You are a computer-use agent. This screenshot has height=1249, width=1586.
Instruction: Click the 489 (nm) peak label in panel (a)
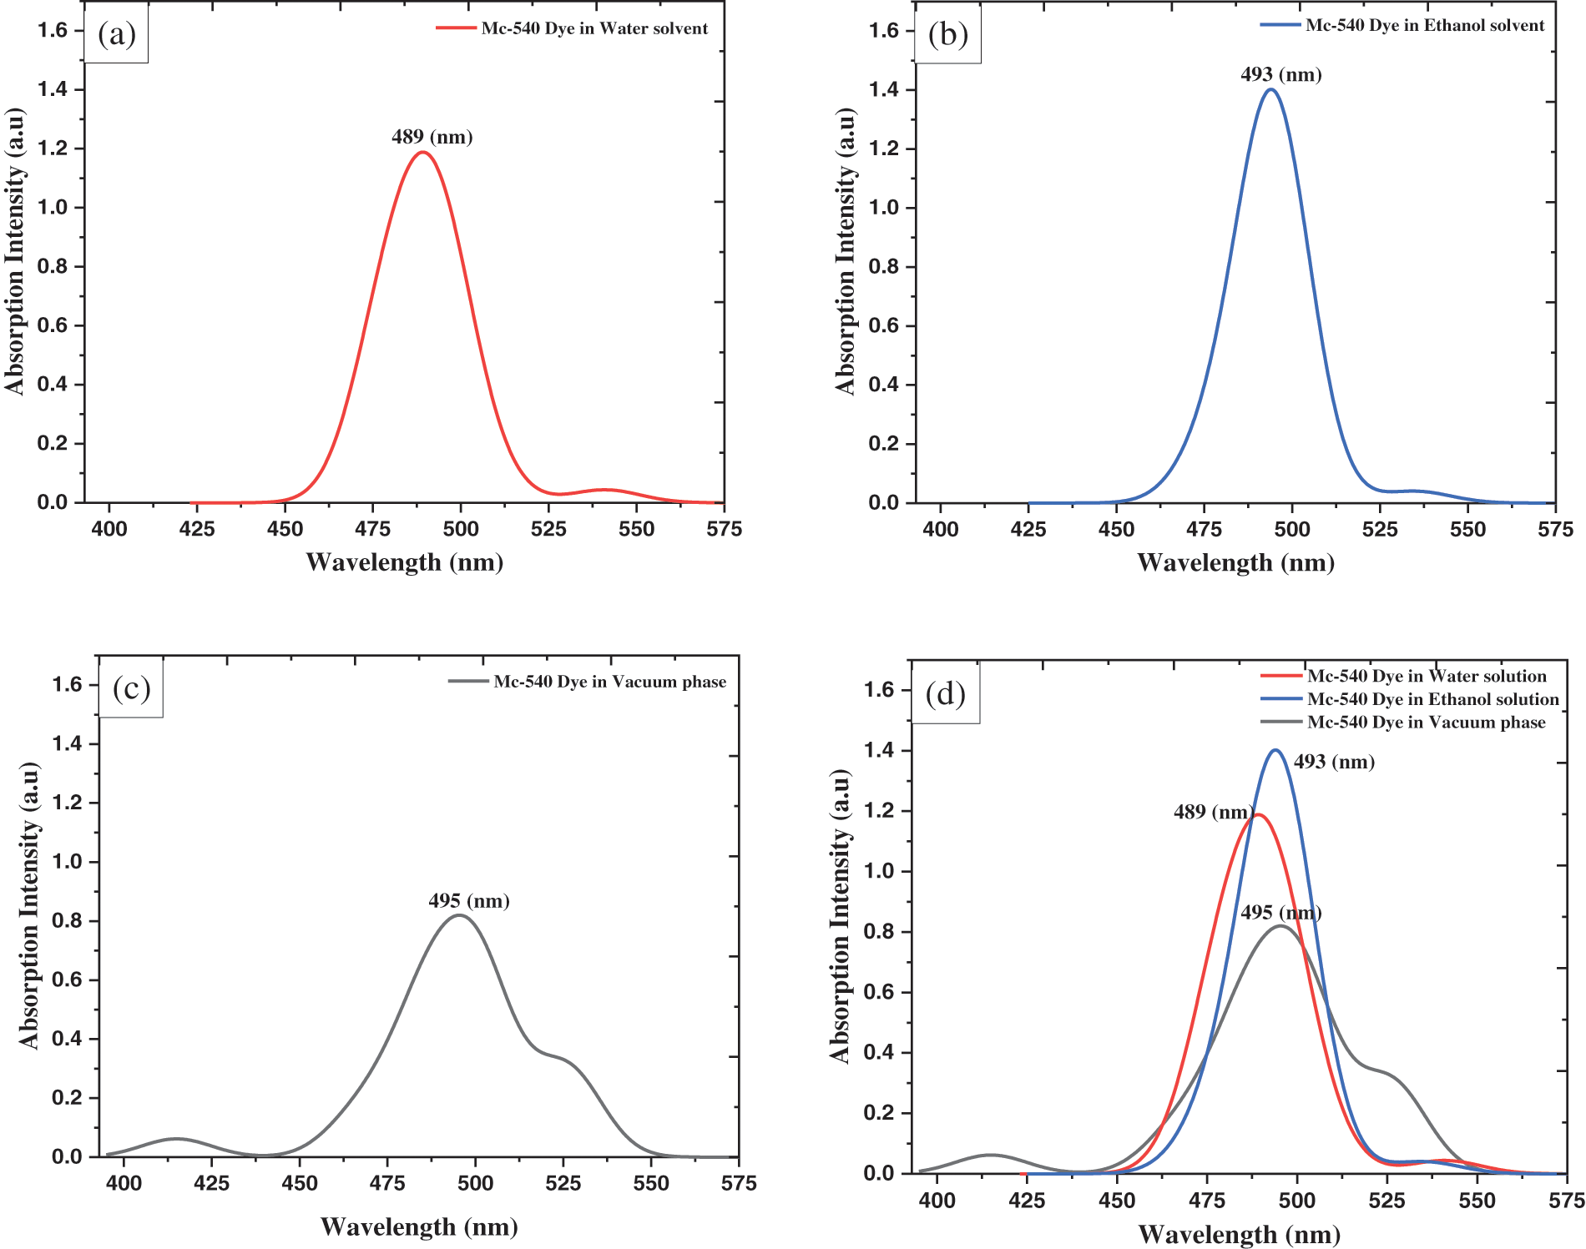[432, 137]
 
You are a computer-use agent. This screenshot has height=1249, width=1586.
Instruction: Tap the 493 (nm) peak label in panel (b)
[1280, 75]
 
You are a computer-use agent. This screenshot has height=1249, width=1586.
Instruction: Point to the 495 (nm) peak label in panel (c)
[468, 901]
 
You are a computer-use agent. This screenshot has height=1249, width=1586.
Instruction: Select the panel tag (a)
[116, 34]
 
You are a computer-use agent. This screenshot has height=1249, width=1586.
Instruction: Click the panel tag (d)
[945, 693]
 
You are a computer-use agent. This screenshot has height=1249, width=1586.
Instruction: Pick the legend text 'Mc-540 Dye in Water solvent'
[593, 28]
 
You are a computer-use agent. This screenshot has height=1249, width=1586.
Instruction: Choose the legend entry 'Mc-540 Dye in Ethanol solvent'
[1424, 26]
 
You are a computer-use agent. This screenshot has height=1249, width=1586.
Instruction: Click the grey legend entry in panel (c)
[609, 682]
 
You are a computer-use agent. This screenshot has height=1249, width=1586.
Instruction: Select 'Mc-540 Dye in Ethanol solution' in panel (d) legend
[1432, 699]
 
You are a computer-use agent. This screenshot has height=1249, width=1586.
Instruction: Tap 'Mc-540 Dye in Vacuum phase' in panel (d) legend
[1426, 723]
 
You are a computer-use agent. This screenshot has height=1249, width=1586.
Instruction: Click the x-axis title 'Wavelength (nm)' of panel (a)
[405, 562]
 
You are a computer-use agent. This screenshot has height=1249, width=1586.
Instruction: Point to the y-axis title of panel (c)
[29, 905]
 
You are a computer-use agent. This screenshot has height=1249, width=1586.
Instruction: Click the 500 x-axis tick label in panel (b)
[1292, 529]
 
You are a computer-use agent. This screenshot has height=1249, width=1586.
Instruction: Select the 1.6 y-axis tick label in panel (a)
[53, 31]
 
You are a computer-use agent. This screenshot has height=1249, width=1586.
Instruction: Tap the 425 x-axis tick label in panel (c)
[211, 1183]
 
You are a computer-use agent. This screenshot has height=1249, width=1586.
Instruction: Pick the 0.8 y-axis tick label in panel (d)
[880, 932]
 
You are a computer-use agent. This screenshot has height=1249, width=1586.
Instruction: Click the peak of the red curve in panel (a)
[423, 152]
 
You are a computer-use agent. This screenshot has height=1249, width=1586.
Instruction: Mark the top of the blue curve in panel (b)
[1270, 89]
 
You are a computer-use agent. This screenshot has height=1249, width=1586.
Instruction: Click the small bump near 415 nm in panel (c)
[176, 1139]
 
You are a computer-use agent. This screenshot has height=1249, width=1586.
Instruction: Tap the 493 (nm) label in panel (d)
[1334, 763]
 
